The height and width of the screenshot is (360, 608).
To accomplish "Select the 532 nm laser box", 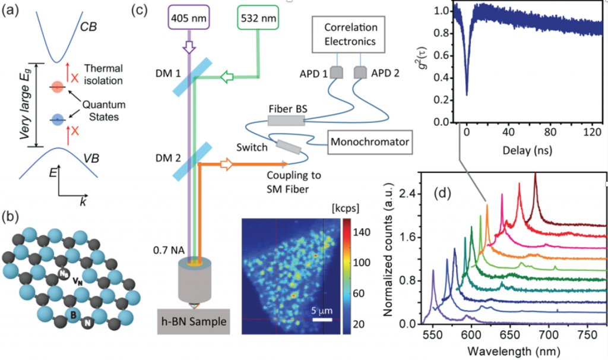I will pyautogui.click(x=257, y=17).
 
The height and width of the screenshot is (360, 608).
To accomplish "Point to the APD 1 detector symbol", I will pyautogui.click(x=337, y=72).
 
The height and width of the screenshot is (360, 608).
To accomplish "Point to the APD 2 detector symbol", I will pyautogui.click(x=359, y=72).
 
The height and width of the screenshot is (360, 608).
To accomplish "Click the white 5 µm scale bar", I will pyautogui.click(x=321, y=320).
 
